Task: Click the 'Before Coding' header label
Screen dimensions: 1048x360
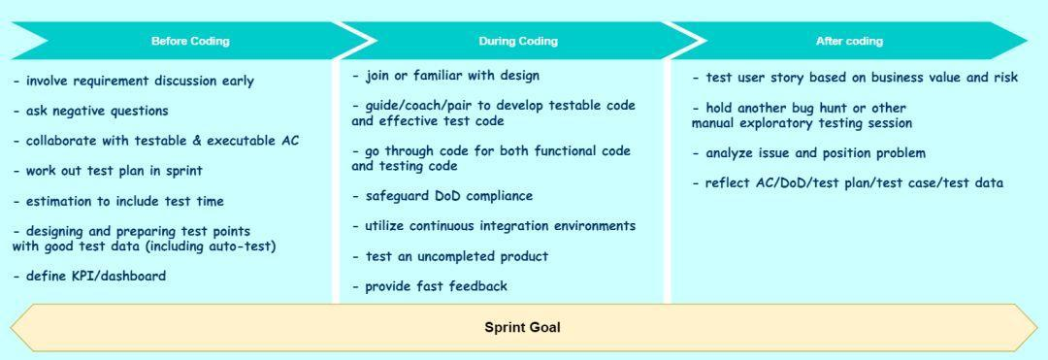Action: pyautogui.click(x=190, y=41)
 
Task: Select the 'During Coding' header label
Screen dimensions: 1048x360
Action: pyautogui.click(x=518, y=41)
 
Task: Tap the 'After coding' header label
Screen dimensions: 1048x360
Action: pyautogui.click(x=849, y=41)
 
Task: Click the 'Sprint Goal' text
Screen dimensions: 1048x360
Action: pyautogui.click(x=523, y=327)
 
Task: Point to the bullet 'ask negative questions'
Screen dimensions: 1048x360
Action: pyautogui.click(x=90, y=111)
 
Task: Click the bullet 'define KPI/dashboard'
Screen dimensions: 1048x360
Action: pyautogui.click(x=89, y=276)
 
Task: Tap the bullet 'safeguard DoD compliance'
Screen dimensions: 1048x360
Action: pyautogui.click(x=442, y=196)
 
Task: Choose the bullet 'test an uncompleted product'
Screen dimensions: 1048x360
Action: pyautogui.click(x=450, y=256)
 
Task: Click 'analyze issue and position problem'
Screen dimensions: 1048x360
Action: pyautogui.click(x=808, y=153)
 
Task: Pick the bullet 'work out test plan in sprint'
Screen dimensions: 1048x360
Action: pyautogui.click(x=107, y=171)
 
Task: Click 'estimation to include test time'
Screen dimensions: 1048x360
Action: pyautogui.click(x=118, y=201)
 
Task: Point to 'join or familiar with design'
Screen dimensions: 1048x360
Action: pyautogui.click(x=445, y=76)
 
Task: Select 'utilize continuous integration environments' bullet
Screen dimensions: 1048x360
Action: pyautogui.click(x=493, y=226)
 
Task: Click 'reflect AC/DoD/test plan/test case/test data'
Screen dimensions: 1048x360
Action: pyautogui.click(x=847, y=183)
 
